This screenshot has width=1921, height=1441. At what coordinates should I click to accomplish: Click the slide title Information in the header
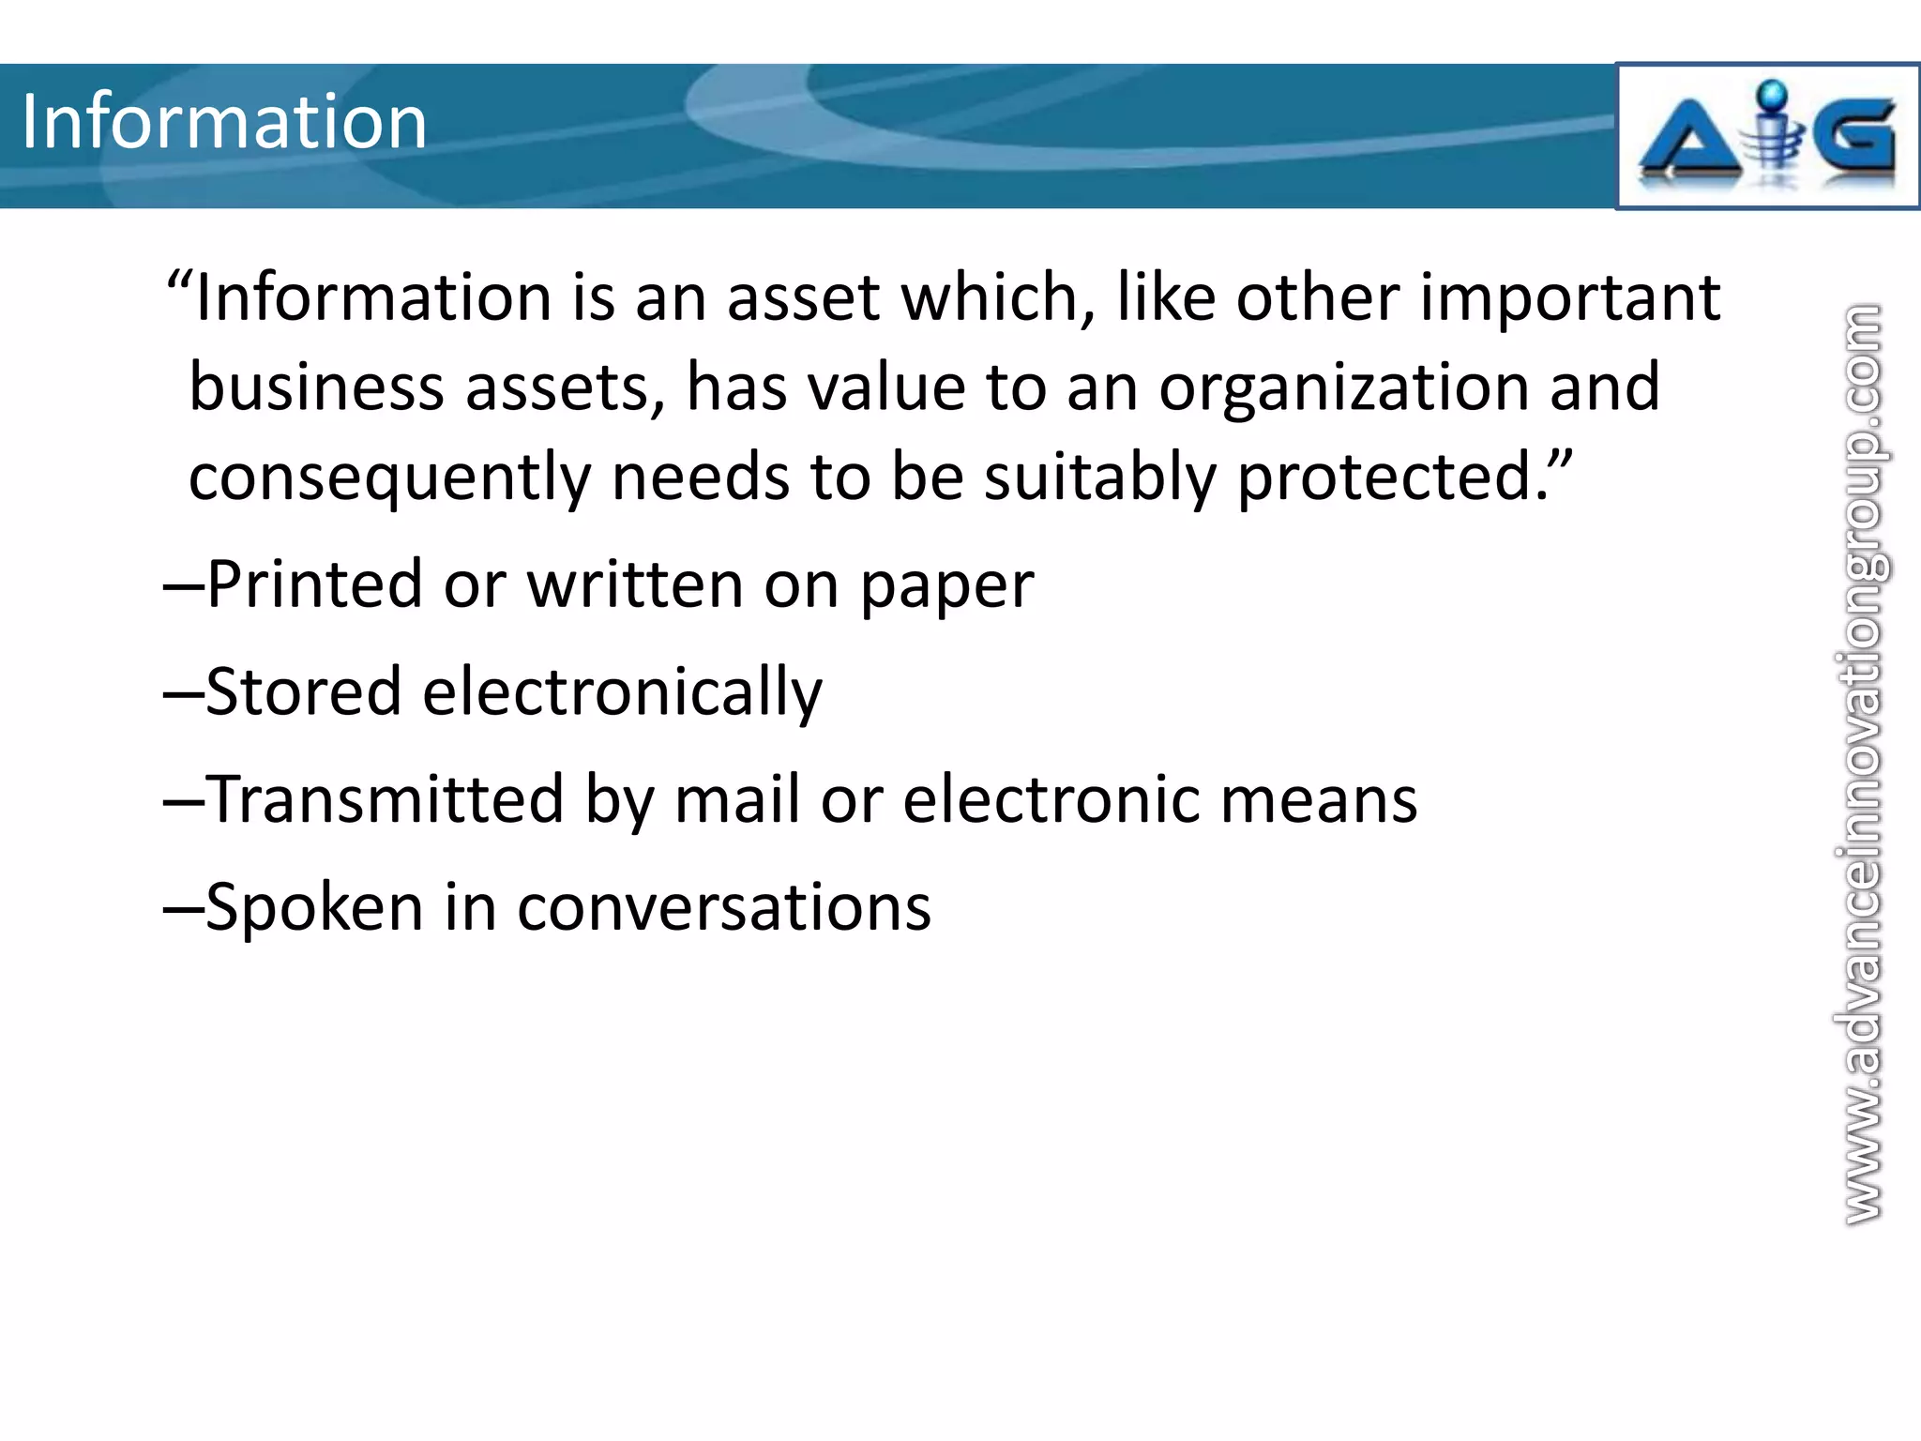click(x=224, y=122)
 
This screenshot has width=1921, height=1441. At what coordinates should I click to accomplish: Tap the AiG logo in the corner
click(x=1767, y=137)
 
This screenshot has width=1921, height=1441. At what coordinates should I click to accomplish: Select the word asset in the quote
click(x=803, y=298)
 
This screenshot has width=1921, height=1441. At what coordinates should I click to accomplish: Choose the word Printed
click(x=314, y=584)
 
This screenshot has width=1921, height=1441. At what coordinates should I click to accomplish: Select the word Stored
click(x=303, y=692)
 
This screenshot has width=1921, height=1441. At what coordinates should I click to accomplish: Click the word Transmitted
click(x=385, y=799)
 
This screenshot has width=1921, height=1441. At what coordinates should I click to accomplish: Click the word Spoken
click(x=313, y=908)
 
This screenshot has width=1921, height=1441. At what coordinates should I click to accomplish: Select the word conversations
click(x=724, y=908)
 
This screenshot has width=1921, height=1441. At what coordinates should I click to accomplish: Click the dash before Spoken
click(x=184, y=908)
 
